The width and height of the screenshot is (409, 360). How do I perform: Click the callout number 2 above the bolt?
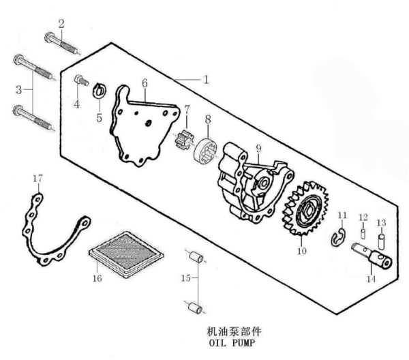click(61, 24)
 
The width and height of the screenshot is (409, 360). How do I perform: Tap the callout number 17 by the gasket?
click(38, 179)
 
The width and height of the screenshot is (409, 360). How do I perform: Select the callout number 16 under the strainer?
click(97, 278)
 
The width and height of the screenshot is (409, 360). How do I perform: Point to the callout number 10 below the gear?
click(302, 250)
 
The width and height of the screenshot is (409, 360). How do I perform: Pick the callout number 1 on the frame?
click(204, 79)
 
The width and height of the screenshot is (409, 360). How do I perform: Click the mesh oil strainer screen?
click(128, 250)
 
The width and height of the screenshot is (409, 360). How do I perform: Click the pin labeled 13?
click(382, 240)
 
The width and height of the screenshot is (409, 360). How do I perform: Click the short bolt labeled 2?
click(63, 44)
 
